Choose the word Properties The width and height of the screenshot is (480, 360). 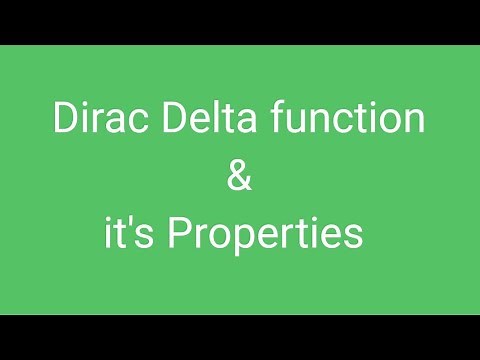click(x=265, y=237)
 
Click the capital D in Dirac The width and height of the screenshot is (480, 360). click(x=62, y=121)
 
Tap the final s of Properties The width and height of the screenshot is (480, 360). click(x=353, y=238)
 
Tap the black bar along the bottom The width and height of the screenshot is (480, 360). click(x=240, y=337)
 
